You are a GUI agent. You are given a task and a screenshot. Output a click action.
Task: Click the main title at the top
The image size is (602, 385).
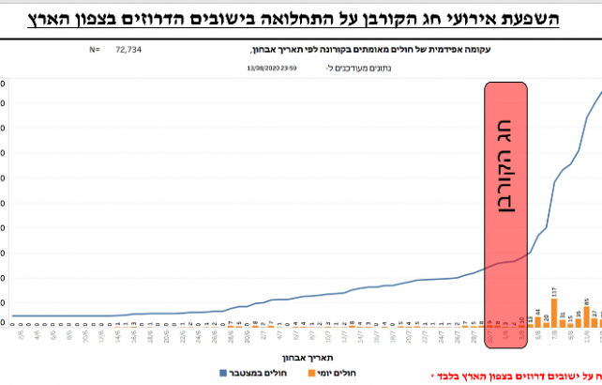tap(301, 16)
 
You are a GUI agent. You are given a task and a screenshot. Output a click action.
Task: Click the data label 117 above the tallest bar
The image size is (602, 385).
tap(554, 292)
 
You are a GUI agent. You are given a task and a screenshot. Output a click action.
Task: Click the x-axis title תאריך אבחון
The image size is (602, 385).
tap(300, 357)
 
